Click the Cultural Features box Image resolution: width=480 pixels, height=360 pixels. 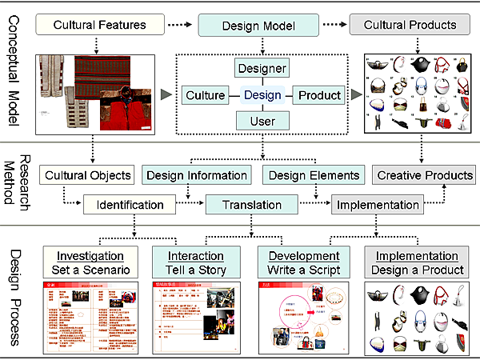tap(100, 25)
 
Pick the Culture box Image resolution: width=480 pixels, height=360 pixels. tap(205, 96)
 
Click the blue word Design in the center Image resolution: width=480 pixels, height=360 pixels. tap(263, 96)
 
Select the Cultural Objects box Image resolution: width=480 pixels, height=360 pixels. tap(88, 175)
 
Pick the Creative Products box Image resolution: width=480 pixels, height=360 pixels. tap(424, 175)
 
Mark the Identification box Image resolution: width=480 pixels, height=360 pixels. tap(130, 205)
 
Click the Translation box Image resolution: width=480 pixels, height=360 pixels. tap(253, 205)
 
